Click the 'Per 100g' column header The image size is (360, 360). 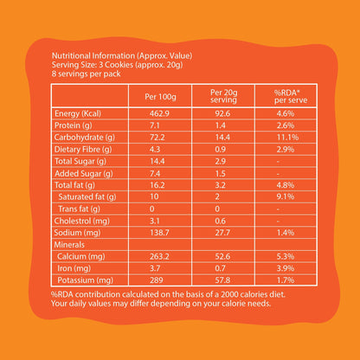point(160,96)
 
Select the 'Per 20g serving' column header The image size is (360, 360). point(223,96)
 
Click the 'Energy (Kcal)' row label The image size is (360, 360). point(78,113)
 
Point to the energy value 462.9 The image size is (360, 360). point(159,113)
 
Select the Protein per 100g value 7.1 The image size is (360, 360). point(155,125)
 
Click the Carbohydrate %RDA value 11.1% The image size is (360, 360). point(287,138)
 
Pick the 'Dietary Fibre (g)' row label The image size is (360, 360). point(83,150)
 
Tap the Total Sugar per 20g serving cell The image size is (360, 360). point(220,161)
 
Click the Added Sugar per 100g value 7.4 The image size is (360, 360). point(155,173)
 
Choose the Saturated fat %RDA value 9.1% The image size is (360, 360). point(286,196)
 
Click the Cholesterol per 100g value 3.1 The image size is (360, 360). point(155,221)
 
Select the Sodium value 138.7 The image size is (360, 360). point(159,233)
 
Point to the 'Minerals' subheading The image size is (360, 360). point(69,245)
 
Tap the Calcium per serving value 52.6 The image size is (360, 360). point(222,256)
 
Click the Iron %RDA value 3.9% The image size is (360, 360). point(286,268)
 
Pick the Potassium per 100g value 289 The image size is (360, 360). point(157,280)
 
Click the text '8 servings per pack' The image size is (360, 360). point(86,74)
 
